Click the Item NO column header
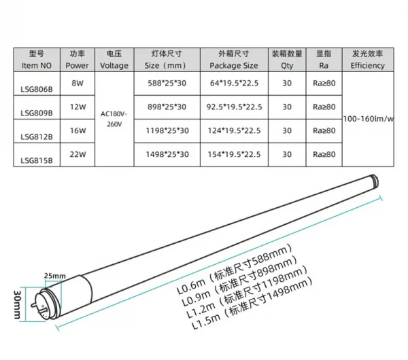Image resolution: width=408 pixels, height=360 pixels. (37, 60)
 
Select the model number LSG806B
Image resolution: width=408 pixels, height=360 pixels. (37, 90)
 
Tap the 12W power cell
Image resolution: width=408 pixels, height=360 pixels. (78, 107)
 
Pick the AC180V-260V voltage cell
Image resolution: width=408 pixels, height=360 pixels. (114, 119)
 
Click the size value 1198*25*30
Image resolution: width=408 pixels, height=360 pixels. (167, 130)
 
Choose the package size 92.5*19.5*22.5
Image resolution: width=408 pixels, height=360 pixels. (234, 107)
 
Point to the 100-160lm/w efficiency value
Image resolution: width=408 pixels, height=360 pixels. (368, 119)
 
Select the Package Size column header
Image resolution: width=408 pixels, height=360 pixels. (234, 60)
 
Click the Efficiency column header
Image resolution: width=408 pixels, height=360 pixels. (368, 60)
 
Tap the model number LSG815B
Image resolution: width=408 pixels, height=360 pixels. (37, 160)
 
